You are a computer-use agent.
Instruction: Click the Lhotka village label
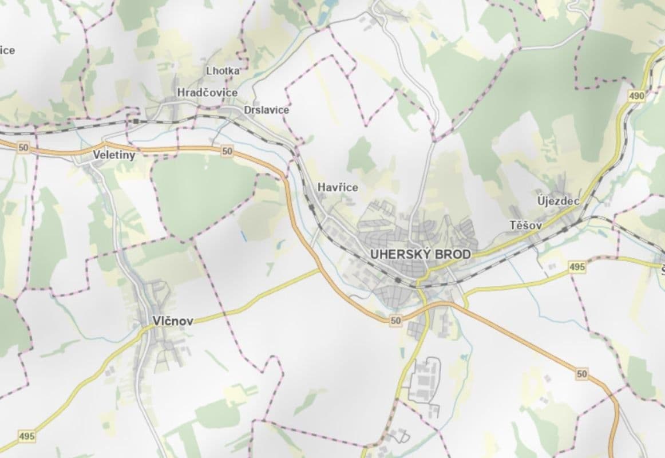tap(223, 71)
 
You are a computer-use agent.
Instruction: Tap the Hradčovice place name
tap(207, 92)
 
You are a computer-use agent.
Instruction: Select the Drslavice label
tap(266, 110)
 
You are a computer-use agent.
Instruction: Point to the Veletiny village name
tap(114, 155)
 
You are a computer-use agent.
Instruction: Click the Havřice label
tap(338, 187)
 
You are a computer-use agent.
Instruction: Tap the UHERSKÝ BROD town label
tap(421, 254)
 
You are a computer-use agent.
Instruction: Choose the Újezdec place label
tap(559, 201)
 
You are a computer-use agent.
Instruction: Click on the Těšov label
tap(525, 226)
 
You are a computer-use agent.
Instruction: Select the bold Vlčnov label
tap(173, 321)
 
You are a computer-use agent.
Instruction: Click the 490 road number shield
tap(636, 96)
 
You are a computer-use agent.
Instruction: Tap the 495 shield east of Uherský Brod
tap(577, 267)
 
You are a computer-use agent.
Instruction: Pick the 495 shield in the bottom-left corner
tap(26, 436)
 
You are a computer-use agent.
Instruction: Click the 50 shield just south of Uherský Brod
tap(395, 321)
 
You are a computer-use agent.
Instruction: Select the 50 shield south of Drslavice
tap(227, 151)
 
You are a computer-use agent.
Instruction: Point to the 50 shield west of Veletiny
tap(23, 148)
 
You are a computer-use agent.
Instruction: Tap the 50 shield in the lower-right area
tap(582, 374)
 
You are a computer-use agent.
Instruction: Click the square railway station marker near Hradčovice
tap(136, 121)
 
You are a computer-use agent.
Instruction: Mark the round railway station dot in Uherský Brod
tap(397, 280)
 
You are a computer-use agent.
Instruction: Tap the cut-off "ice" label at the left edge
tap(7, 50)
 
